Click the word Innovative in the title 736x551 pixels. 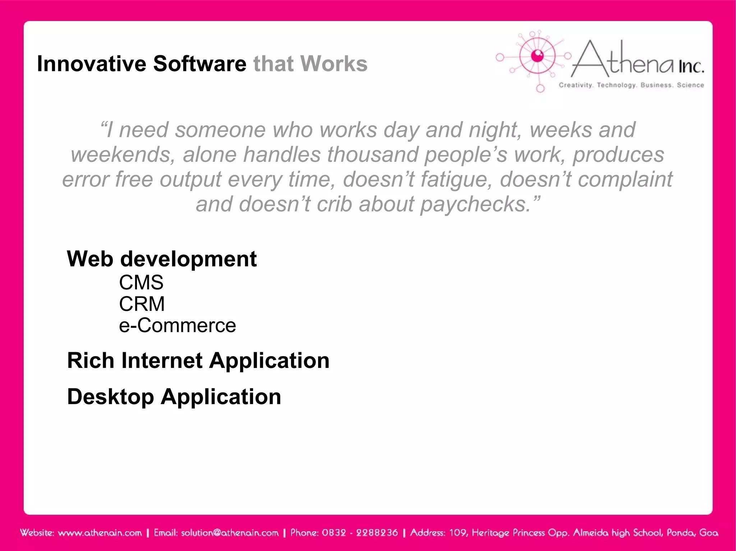tap(91, 64)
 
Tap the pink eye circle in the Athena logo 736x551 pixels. tap(537, 56)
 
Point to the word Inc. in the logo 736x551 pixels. tap(691, 66)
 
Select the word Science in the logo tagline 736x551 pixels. tap(690, 85)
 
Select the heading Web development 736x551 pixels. tap(162, 259)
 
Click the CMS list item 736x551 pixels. tap(141, 282)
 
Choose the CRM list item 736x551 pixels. tap(142, 304)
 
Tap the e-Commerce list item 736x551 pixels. tap(177, 326)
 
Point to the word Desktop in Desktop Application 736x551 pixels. tap(110, 397)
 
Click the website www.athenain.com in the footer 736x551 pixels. tap(100, 533)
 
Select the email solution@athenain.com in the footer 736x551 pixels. tap(230, 533)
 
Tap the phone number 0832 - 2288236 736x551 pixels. tap(360, 533)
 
